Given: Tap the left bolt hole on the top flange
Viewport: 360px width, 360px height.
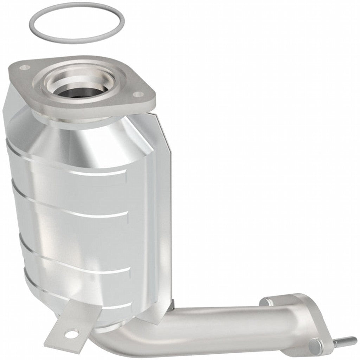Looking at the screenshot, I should coord(24,67).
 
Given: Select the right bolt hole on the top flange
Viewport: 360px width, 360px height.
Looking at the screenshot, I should coord(139,94).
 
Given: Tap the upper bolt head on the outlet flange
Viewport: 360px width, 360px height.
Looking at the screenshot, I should coord(266,302).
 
